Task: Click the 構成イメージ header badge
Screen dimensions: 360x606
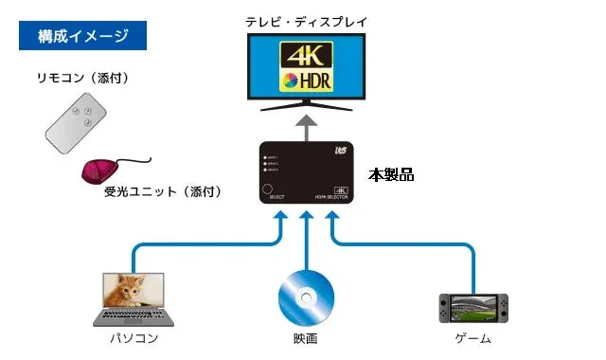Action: click(x=84, y=37)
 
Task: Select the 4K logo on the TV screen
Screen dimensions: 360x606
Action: click(x=306, y=54)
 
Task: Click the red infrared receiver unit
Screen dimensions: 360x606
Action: click(x=100, y=171)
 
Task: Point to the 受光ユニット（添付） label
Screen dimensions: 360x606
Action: click(x=163, y=191)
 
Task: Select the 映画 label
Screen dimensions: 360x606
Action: click(x=305, y=338)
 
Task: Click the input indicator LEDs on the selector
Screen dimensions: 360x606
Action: click(x=271, y=161)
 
